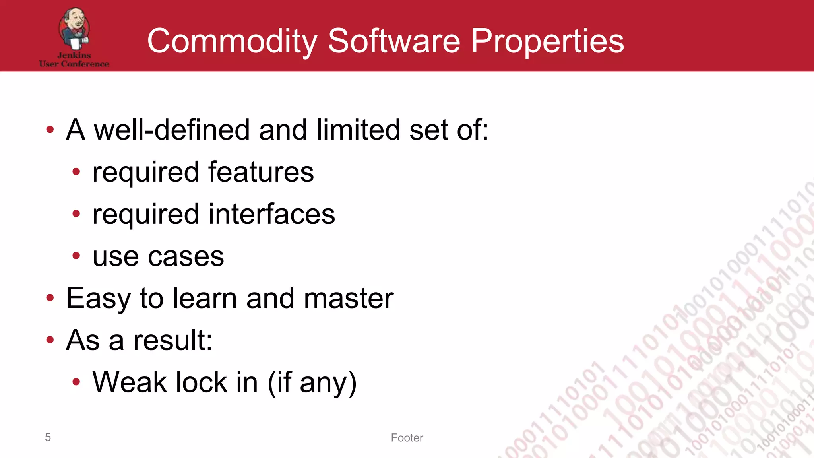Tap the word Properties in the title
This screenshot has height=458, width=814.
pyautogui.click(x=547, y=41)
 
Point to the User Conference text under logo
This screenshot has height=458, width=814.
pyautogui.click(x=74, y=64)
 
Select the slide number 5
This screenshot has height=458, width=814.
pyautogui.click(x=48, y=437)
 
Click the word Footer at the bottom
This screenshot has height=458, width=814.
pyautogui.click(x=407, y=438)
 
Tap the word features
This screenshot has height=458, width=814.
pyautogui.click(x=261, y=172)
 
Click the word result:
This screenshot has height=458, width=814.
pyautogui.click(x=173, y=341)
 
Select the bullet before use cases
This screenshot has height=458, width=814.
pyautogui.click(x=76, y=256)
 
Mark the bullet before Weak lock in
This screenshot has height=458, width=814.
pyautogui.click(x=76, y=382)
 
